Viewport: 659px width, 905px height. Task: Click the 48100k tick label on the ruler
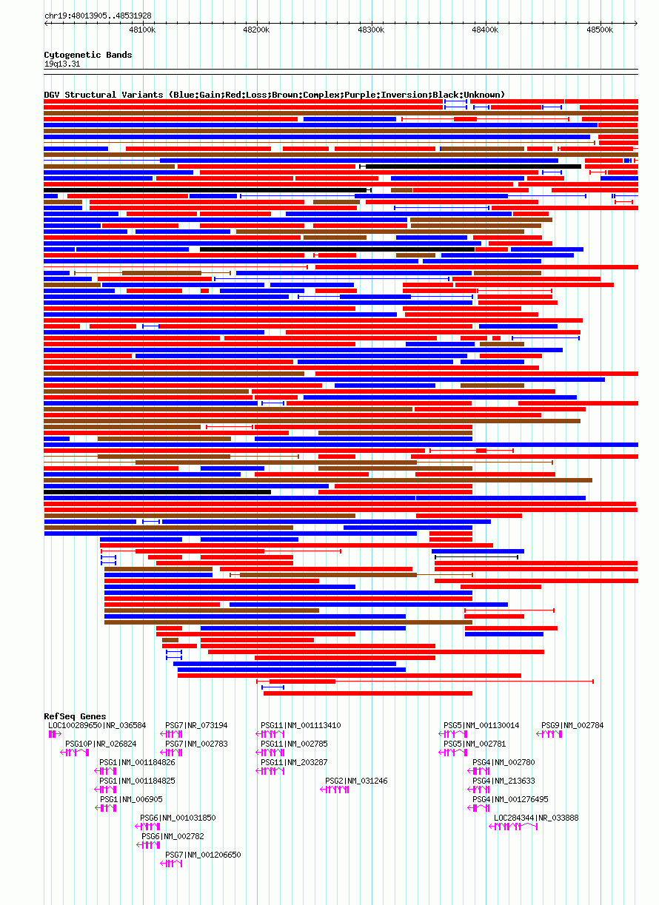142,30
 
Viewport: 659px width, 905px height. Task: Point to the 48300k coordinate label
371,30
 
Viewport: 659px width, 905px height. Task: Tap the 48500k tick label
600,30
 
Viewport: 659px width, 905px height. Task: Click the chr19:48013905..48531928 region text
98,16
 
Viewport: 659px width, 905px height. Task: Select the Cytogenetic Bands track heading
88,55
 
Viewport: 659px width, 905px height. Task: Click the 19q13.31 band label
62,64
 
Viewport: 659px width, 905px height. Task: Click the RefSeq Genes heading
76,716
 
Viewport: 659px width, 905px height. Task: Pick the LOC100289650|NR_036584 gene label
97,725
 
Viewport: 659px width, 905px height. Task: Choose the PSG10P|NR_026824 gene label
101,744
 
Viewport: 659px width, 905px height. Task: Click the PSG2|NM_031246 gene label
357,781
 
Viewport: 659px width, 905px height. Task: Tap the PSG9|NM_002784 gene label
572,725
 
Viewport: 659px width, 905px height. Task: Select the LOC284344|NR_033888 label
536,818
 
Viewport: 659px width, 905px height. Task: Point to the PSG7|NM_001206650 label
203,855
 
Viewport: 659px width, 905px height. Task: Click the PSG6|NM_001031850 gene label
178,818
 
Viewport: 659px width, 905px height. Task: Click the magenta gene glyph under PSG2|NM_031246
335,790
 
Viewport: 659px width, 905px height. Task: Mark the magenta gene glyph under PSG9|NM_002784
549,734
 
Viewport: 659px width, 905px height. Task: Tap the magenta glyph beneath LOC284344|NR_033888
513,827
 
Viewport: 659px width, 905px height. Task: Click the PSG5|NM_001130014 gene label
481,725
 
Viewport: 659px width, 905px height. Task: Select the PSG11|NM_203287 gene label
294,762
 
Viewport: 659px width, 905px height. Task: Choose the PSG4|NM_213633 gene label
504,781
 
